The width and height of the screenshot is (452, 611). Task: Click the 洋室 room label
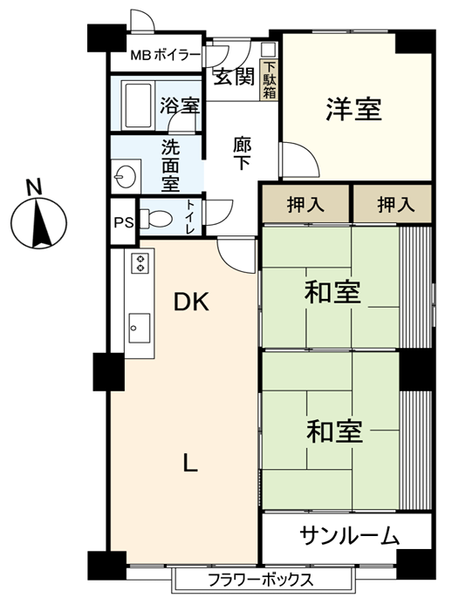(353, 110)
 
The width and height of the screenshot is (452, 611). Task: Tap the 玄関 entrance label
(234, 77)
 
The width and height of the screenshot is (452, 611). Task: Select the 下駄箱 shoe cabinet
(270, 81)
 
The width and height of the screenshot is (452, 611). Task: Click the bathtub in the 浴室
(136, 105)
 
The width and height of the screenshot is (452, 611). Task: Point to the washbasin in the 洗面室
(125, 177)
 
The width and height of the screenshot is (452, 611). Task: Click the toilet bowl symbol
(156, 217)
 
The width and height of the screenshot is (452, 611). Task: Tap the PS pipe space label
(124, 222)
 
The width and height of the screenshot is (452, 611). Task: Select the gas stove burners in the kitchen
(140, 262)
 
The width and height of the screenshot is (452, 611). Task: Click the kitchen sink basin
(140, 328)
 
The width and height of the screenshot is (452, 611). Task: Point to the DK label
(191, 302)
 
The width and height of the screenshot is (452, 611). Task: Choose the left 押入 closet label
(305, 205)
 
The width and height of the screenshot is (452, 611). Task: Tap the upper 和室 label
(332, 292)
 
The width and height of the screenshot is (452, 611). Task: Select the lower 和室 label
(334, 431)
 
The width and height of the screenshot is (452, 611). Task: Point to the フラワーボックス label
(261, 580)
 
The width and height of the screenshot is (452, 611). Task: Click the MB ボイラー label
(166, 55)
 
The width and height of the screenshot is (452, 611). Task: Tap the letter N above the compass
(34, 187)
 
